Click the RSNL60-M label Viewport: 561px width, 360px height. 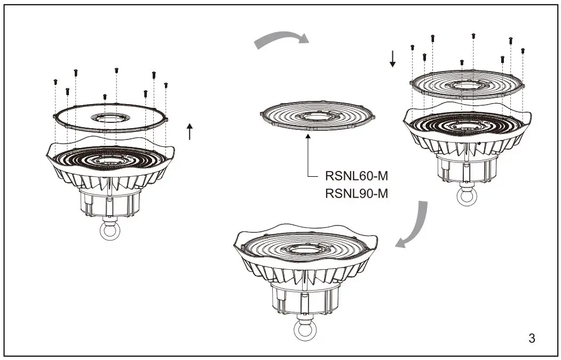[x=356, y=176]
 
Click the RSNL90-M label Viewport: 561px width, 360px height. [x=356, y=193]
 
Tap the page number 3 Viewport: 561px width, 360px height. [x=531, y=338]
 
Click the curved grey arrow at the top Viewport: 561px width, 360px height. [x=281, y=40]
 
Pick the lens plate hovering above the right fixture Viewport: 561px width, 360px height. [x=466, y=84]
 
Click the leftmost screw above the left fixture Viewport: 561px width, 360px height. [x=55, y=82]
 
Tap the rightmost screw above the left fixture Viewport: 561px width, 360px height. [x=166, y=85]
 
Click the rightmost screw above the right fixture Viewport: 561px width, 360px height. [x=523, y=50]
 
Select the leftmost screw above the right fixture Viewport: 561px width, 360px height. [x=412, y=48]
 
